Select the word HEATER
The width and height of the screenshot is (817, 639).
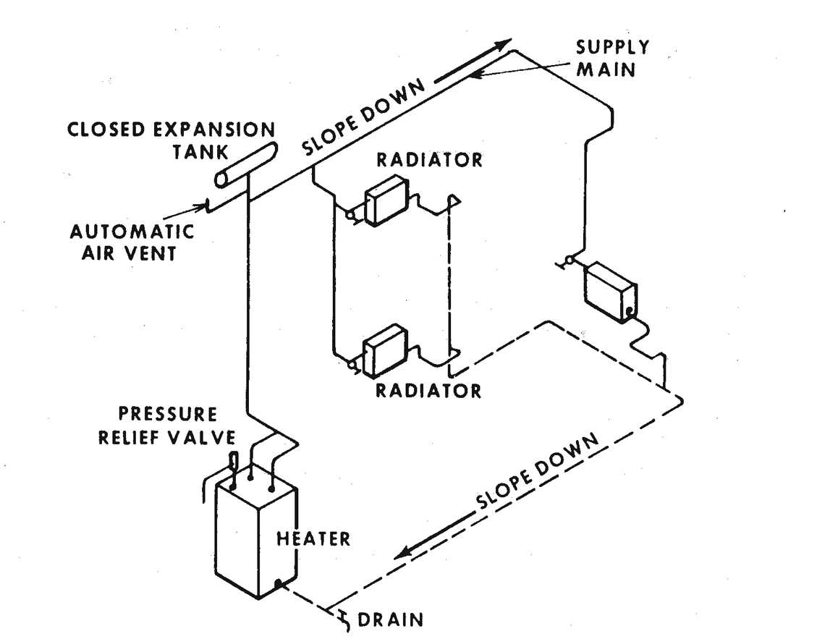[314, 539]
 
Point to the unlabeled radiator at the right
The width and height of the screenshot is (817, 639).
[612, 291]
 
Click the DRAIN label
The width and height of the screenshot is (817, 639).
[391, 620]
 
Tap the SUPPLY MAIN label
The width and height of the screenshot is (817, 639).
[612, 59]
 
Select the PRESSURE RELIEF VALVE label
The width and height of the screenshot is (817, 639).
[167, 426]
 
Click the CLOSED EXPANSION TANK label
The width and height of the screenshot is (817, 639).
[171, 140]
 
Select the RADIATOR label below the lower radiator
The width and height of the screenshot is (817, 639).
[428, 391]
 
